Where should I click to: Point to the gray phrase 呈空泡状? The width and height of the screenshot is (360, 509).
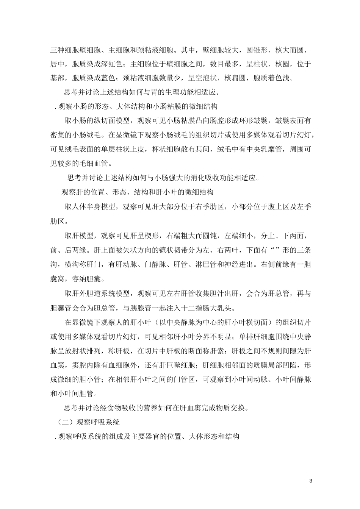click(203, 78)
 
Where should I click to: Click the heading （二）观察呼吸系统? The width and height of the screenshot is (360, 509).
click(89, 421)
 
